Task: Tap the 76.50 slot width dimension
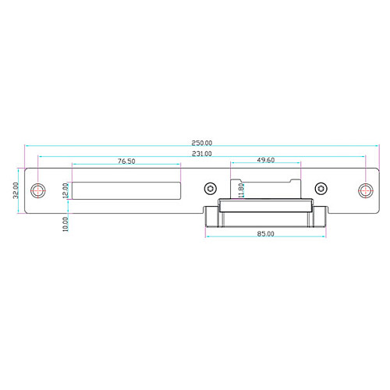click(126, 161)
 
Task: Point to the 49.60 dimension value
click(265, 160)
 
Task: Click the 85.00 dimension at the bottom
click(264, 235)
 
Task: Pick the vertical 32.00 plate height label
click(16, 190)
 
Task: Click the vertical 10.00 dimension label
click(67, 224)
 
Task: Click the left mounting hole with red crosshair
click(38, 190)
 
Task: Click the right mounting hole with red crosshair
click(364, 190)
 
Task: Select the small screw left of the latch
click(209, 190)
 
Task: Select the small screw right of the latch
click(320, 190)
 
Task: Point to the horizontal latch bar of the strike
click(265, 206)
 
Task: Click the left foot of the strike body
click(211, 218)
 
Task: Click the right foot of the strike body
click(320, 218)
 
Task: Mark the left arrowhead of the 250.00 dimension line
click(27, 147)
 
